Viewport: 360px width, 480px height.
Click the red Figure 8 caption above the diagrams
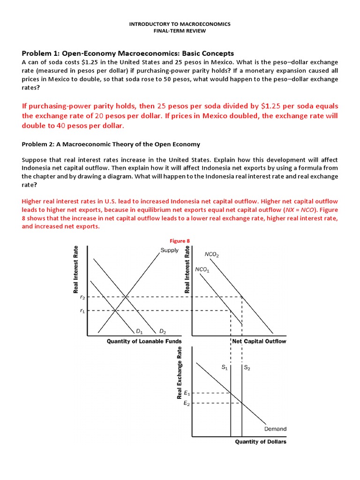point(180,241)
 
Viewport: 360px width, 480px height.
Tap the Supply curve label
point(169,250)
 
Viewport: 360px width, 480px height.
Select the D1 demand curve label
point(139,332)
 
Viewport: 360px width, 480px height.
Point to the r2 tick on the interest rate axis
point(82,297)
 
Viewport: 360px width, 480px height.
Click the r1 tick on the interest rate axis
point(82,310)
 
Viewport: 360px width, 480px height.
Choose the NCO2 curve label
point(212,255)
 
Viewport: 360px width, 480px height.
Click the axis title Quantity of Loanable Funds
point(144,341)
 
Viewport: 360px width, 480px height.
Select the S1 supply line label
point(225,368)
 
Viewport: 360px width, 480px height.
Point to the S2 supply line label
point(247,368)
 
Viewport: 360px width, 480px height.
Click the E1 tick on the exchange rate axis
point(187,393)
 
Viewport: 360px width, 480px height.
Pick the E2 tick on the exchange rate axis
point(187,403)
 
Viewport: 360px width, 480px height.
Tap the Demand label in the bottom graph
point(275,428)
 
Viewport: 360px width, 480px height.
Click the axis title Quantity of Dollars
point(261,442)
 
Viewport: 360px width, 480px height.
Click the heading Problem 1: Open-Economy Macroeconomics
point(127,53)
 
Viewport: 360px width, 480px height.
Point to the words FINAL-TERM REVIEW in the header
point(180,31)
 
